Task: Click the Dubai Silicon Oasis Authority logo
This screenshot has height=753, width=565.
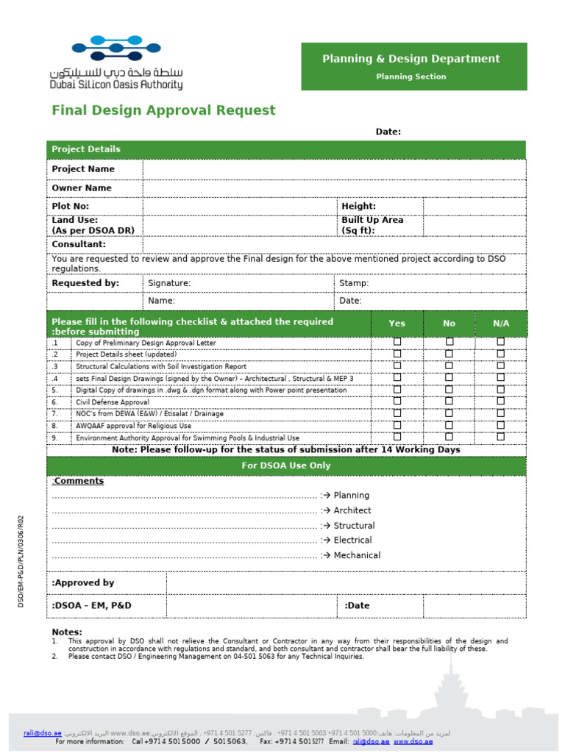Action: click(x=116, y=63)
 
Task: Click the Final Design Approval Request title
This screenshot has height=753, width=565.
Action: click(x=163, y=110)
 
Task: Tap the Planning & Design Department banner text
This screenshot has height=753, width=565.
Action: click(x=411, y=59)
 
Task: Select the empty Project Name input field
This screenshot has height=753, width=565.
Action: click(x=334, y=169)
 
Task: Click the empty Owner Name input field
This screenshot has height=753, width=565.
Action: click(x=334, y=188)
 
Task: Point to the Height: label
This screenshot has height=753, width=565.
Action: click(x=358, y=207)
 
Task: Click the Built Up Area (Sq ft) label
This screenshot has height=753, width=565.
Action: click(x=372, y=225)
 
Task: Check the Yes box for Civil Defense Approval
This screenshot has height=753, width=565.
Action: click(x=397, y=402)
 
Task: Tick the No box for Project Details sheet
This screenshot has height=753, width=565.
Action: click(x=449, y=354)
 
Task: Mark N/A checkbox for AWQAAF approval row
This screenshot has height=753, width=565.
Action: click(x=501, y=425)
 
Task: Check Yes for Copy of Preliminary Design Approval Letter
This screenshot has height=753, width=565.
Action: click(x=397, y=342)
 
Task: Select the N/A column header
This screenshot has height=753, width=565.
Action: click(x=501, y=324)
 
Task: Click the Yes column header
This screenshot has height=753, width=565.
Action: click(x=397, y=324)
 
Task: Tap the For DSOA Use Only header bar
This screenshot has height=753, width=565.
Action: click(x=286, y=465)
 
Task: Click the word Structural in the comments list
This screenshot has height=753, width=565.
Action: click(x=354, y=526)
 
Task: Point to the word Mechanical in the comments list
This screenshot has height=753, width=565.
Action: click(x=357, y=556)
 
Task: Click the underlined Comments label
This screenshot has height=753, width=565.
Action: click(x=79, y=481)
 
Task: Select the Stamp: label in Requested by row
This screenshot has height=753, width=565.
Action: click(x=354, y=283)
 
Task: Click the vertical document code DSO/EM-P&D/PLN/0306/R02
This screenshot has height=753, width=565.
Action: click(x=21, y=560)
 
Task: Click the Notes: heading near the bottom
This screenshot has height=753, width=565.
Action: click(x=67, y=632)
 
